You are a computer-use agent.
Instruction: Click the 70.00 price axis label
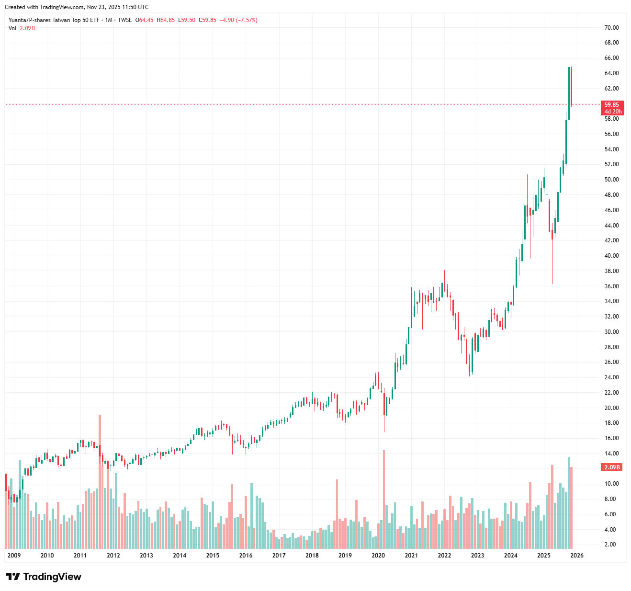click(x=611, y=28)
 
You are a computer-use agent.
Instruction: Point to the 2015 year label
click(x=213, y=556)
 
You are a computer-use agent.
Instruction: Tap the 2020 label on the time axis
click(x=378, y=556)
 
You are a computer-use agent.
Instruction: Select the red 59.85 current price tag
click(x=611, y=104)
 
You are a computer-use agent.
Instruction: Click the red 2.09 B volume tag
click(x=612, y=467)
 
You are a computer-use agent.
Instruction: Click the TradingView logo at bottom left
click(x=44, y=577)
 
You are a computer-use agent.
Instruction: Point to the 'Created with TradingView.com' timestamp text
click(x=77, y=7)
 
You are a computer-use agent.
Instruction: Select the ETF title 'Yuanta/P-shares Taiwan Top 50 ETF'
click(x=54, y=20)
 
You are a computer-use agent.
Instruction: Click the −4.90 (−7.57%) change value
click(x=238, y=20)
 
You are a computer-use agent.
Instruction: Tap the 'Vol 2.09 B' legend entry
click(x=22, y=28)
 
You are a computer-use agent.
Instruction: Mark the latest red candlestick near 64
click(x=571, y=86)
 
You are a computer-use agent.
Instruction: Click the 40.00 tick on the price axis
click(x=611, y=256)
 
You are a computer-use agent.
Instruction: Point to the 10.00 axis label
click(x=611, y=484)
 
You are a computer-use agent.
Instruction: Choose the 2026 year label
click(x=577, y=556)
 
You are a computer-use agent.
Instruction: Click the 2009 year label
click(x=14, y=556)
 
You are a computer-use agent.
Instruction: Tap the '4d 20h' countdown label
click(x=613, y=112)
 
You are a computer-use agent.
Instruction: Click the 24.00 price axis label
click(x=611, y=377)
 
